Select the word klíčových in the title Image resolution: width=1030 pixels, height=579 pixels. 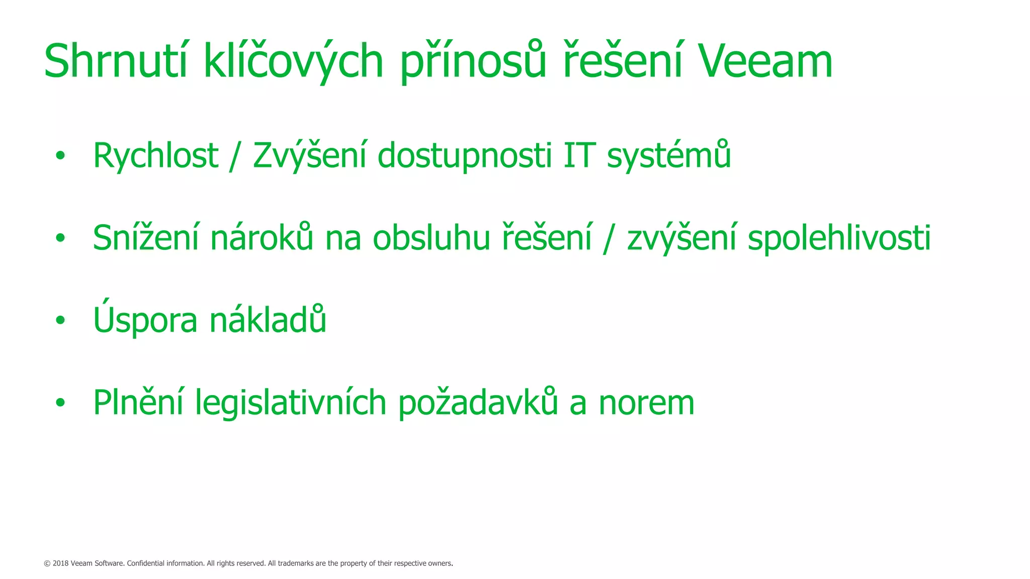(x=293, y=61)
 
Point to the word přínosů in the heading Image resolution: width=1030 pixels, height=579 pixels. (x=473, y=61)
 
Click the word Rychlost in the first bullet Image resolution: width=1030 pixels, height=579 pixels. (x=155, y=156)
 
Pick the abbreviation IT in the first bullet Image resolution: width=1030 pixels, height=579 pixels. (x=579, y=156)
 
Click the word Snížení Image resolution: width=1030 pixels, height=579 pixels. (x=146, y=238)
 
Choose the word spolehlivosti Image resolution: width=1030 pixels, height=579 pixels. (x=839, y=238)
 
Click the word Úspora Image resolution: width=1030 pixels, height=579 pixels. (x=145, y=320)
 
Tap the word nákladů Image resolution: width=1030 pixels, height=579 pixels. (x=268, y=320)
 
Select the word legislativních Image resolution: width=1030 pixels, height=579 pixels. (x=290, y=403)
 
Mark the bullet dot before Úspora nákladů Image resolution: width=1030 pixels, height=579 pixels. (x=60, y=320)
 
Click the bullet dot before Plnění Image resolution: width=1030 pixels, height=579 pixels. (x=60, y=403)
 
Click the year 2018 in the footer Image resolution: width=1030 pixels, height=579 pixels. (x=60, y=563)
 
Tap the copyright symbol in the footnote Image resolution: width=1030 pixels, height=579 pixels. (x=47, y=563)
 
